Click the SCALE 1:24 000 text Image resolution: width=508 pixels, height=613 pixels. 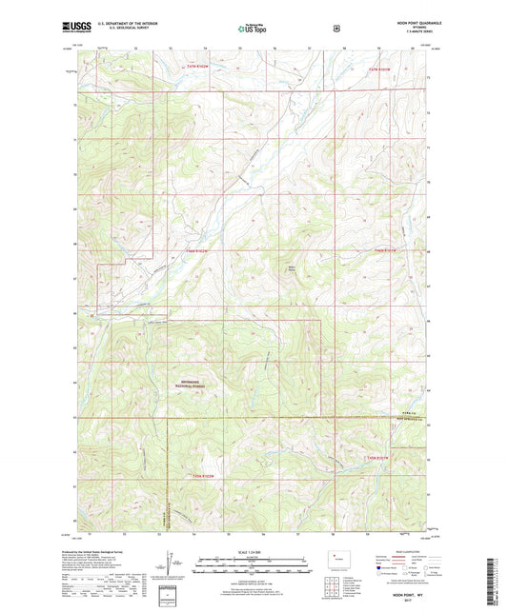point(254,552)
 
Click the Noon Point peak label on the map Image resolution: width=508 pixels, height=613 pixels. point(293,268)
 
